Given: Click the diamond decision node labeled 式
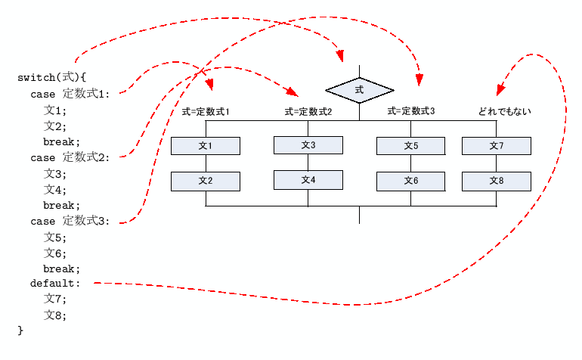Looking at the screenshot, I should click(359, 90).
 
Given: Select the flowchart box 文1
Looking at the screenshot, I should click(206, 146).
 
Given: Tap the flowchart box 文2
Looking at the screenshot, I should click(206, 181).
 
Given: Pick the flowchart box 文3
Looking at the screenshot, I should click(308, 144).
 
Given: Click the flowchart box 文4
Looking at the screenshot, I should click(308, 180).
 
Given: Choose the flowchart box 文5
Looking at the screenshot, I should click(411, 146).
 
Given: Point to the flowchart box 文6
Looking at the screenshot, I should click(411, 181).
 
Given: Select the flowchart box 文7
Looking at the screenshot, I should click(497, 146).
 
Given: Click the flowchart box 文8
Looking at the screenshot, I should click(497, 181).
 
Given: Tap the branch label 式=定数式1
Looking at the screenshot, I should click(206, 112).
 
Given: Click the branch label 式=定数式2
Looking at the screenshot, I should click(308, 112).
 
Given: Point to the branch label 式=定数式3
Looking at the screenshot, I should click(411, 111).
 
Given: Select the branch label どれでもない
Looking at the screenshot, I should click(504, 112).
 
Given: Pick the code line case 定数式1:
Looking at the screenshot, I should click(70, 94).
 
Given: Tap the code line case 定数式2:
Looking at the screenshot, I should click(70, 157).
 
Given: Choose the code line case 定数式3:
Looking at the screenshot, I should click(70, 221).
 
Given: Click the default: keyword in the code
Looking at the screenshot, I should click(54, 284).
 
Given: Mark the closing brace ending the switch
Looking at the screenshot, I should click(20, 331).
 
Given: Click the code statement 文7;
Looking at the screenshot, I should click(55, 300).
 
